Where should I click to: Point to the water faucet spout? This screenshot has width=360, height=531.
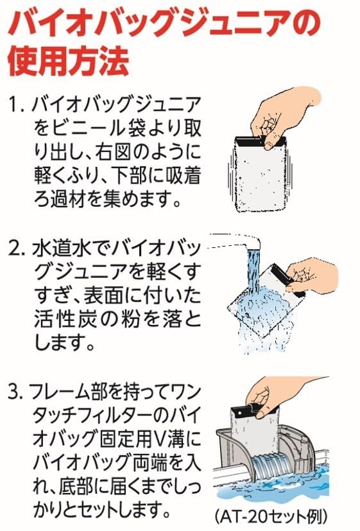tap(237, 243)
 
